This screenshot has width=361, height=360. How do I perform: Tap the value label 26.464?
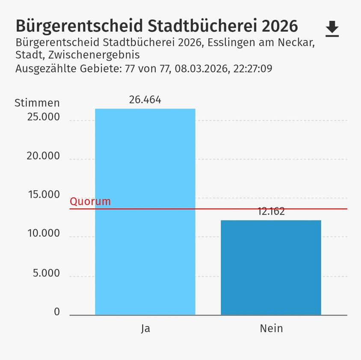pos(145,100)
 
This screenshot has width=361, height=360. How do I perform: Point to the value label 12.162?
pos(271,212)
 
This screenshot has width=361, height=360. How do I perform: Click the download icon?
pos(332,29)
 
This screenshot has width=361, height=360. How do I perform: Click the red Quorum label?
pos(90,201)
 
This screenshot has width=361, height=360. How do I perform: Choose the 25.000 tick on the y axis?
pos(43,117)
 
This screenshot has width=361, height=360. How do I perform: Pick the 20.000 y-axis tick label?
pos(43,156)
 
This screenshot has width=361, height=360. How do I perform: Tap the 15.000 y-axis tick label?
pos(43,195)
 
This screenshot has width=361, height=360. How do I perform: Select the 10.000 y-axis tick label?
pos(43,234)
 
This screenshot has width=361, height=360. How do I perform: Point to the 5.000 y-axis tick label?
pos(46,273)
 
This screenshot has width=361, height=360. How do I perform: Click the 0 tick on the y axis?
pos(57,312)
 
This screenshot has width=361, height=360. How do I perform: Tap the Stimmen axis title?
pos(37,103)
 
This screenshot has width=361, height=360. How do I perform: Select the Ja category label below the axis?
pos(145,328)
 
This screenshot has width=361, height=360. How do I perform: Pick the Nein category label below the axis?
pos(271,328)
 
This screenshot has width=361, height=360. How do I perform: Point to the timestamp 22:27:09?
pos(253,68)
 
